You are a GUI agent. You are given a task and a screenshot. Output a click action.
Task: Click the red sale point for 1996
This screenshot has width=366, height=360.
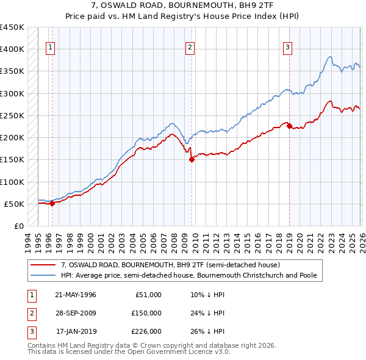(52, 204)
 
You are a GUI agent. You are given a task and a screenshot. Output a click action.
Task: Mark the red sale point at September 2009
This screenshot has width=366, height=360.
(192, 160)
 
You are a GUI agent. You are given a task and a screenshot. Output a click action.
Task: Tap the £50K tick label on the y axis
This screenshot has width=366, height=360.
(15, 204)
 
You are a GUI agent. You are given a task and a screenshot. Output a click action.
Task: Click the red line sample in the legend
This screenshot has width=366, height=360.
(43, 265)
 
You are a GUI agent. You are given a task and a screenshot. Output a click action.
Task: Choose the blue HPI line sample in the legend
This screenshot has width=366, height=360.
(43, 275)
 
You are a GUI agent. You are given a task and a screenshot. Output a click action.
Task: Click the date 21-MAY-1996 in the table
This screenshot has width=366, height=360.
(76, 295)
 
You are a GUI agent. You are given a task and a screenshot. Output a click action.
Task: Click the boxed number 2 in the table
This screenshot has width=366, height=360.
(31, 313)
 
